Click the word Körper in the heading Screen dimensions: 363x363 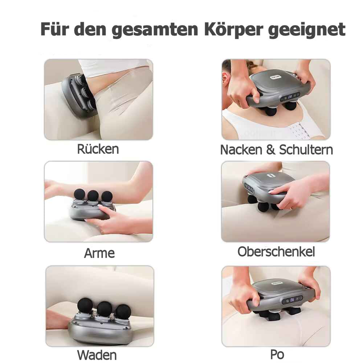(231, 29)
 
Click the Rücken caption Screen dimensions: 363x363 (98, 149)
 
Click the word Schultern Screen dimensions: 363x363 (306, 150)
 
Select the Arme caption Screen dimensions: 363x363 (99, 253)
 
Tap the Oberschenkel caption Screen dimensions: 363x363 (276, 252)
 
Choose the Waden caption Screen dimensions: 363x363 (97, 355)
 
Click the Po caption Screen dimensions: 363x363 (277, 354)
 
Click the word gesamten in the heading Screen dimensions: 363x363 (155, 29)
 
